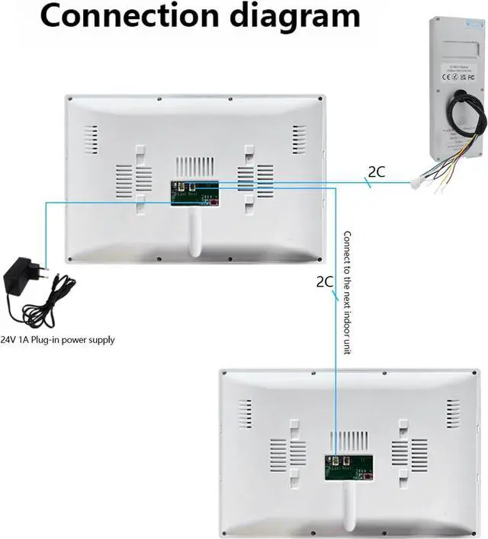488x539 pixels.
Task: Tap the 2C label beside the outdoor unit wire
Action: coord(377,172)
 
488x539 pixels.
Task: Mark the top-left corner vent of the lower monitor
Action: coord(245,412)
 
